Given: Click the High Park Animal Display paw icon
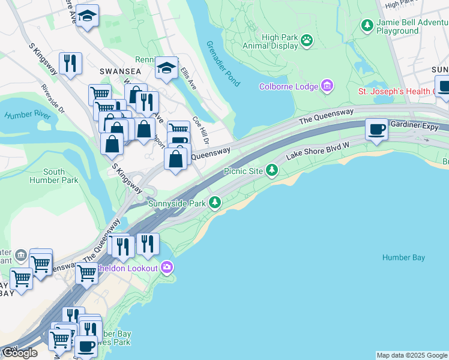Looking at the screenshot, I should [x=307, y=40].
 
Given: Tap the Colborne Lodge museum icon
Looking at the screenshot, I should [x=327, y=86].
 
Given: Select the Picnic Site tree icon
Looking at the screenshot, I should [x=273, y=171].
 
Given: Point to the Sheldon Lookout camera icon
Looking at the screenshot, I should [x=167, y=267].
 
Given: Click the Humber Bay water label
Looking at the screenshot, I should [x=403, y=258].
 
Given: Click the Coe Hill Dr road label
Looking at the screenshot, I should [x=200, y=129].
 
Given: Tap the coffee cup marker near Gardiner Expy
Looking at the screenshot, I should [x=377, y=129].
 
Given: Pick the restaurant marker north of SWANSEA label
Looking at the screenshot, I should [x=71, y=63].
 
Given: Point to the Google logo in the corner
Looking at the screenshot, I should [x=20, y=353].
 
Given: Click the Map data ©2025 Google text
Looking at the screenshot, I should [x=412, y=355].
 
